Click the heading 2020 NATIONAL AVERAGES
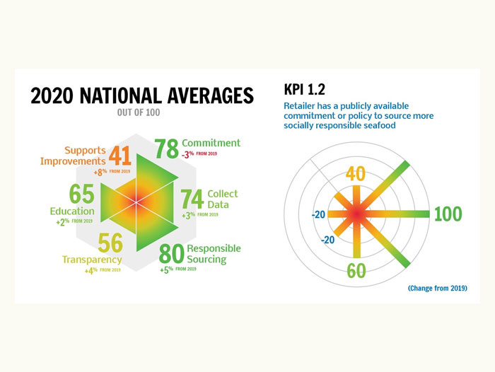(x=141, y=95)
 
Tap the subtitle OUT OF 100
(x=142, y=111)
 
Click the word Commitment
(x=211, y=143)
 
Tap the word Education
(x=72, y=211)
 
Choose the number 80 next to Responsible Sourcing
(x=173, y=252)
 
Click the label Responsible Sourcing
(x=214, y=254)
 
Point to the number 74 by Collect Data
(x=192, y=199)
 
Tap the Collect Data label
(x=223, y=199)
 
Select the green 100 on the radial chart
(x=448, y=213)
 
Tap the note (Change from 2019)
(x=438, y=289)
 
